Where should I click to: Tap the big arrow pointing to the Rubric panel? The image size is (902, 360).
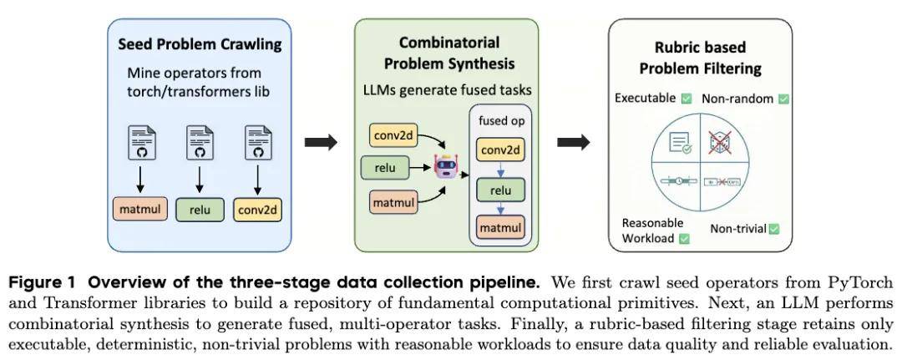[573, 142]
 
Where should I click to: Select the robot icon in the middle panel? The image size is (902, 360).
[445, 168]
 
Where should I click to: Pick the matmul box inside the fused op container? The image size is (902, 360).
[501, 227]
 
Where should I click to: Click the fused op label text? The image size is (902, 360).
[500, 120]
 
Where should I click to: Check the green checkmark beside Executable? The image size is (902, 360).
[686, 99]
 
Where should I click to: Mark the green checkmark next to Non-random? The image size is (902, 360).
[783, 99]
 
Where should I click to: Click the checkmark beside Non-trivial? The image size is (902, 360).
[773, 229]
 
